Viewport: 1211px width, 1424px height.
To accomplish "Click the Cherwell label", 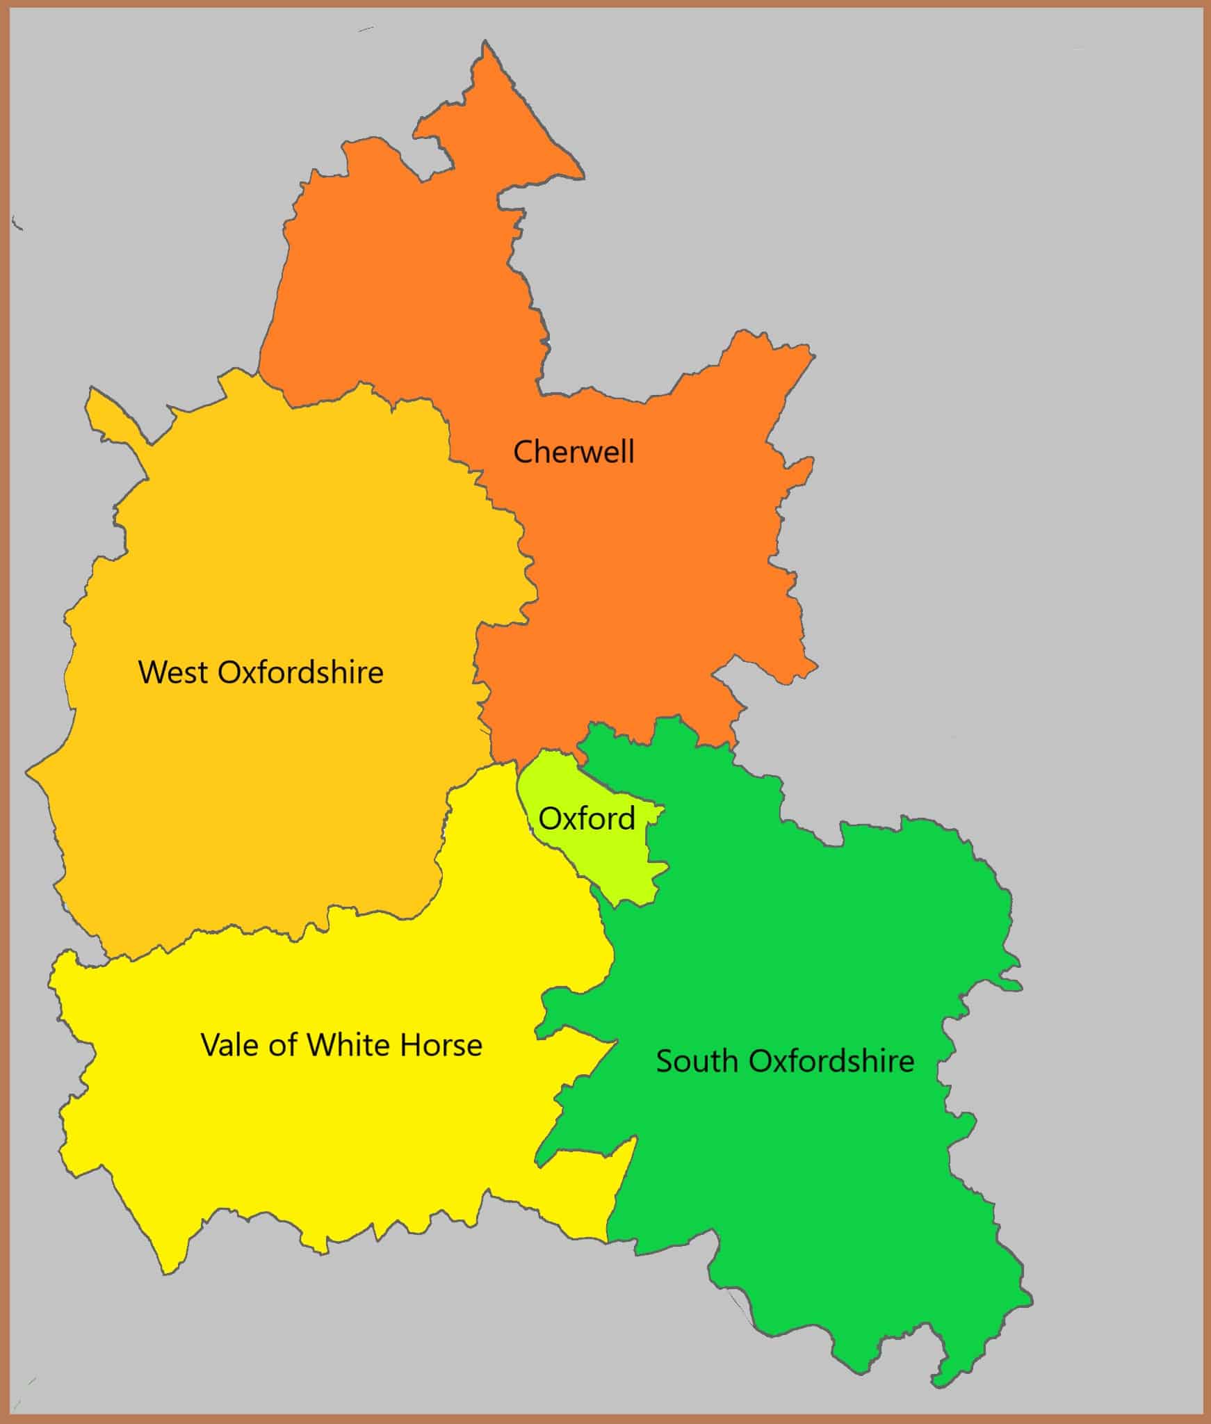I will pos(574,452).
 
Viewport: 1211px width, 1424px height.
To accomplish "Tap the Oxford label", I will pos(587,818).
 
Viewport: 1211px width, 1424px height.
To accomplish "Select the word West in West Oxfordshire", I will pos(173,672).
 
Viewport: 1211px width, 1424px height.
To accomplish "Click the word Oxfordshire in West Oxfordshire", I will pos(300,672).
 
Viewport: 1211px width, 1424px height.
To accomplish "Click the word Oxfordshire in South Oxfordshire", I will pos(831,1061).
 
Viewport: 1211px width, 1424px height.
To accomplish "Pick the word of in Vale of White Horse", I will pos(283,1045).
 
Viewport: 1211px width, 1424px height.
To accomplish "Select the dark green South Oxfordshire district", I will pos(799,1182).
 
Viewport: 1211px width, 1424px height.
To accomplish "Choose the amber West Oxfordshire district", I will pos(264,800).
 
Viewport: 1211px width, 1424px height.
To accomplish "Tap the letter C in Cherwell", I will pos(522,452).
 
